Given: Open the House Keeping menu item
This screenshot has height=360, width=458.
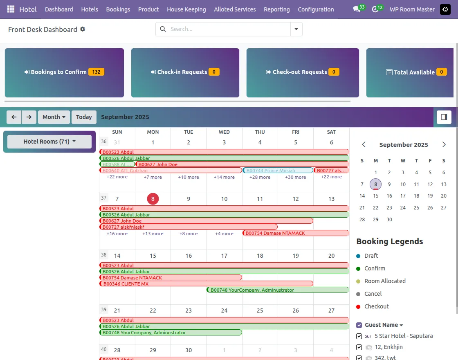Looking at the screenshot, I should point(186,9).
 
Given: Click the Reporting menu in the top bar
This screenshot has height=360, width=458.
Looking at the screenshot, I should point(276,9).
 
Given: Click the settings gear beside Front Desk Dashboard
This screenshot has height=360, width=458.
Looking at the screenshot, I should point(83,29).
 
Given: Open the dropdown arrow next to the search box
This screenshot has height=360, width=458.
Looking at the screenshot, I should point(296,29).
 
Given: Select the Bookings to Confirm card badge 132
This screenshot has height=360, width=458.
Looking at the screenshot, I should point(96,72).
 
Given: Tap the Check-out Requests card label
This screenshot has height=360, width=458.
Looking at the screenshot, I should point(299,72).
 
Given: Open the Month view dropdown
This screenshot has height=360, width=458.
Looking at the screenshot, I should point(54,117).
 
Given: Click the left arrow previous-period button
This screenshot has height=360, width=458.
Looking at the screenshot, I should point(14,117).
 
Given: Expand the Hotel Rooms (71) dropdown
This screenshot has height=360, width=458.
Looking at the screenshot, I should point(49,142).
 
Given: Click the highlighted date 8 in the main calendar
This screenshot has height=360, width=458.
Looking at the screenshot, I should point(153,199).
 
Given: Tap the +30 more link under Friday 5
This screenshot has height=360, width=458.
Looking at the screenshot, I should point(295,177).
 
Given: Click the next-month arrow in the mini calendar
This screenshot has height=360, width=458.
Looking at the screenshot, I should point(444,144).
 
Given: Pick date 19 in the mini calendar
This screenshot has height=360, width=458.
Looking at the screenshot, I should point(430,196).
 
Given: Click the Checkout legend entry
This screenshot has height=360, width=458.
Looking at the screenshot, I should point(376,306).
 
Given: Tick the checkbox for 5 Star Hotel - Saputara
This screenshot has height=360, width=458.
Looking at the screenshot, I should point(359,336).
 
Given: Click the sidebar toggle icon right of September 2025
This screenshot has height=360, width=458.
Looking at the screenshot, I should point(444,117).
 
